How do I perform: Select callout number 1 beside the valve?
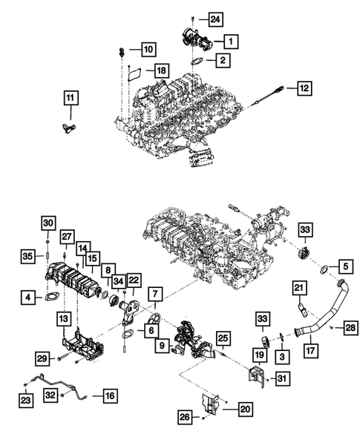click(232, 40)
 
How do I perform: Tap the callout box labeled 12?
click(304, 88)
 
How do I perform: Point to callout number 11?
click(70, 98)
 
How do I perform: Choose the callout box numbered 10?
click(148, 49)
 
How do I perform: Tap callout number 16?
click(109, 396)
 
